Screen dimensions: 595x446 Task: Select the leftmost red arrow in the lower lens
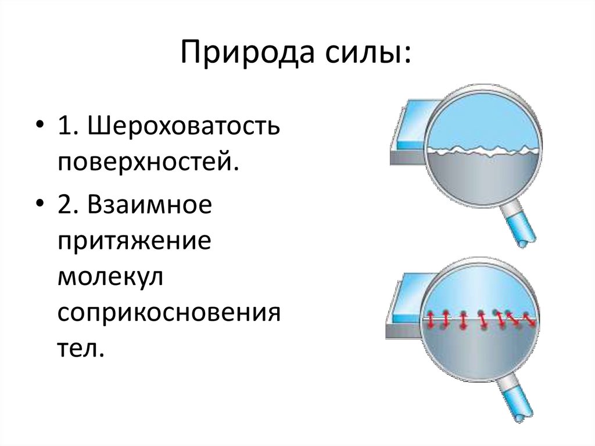431,319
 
